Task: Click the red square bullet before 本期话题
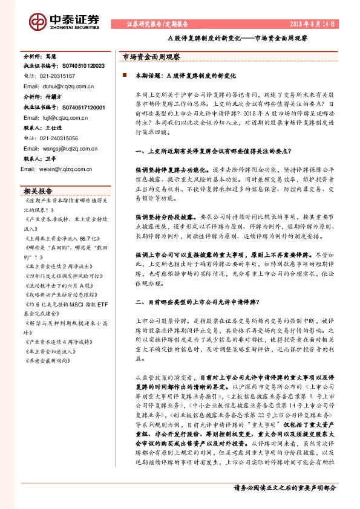[124, 76]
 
